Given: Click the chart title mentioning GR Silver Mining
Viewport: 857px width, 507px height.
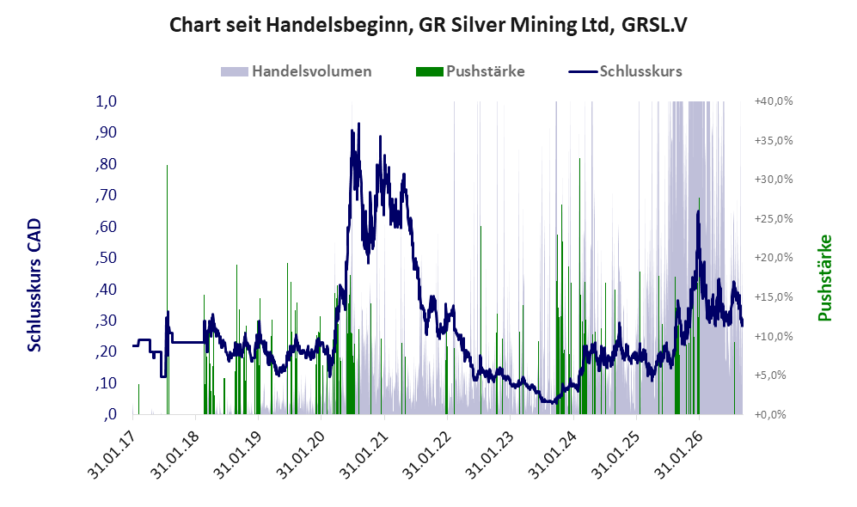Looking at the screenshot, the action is [x=428, y=25].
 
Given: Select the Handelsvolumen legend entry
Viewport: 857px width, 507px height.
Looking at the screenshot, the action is [x=297, y=71].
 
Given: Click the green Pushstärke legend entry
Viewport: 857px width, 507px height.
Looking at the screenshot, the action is [x=470, y=71].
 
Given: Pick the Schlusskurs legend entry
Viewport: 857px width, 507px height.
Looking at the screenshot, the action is [x=625, y=71].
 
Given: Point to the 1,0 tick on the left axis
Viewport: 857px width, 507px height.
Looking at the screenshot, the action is [x=107, y=101].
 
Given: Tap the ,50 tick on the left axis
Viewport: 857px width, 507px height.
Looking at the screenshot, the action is [x=106, y=258].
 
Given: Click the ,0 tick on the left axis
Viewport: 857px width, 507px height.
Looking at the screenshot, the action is [x=109, y=414].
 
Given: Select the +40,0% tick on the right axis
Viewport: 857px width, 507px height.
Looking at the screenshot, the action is [x=774, y=101].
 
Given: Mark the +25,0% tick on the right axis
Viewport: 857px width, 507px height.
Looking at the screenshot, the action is [x=774, y=218].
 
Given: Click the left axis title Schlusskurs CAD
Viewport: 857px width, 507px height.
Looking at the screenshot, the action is [x=34, y=284].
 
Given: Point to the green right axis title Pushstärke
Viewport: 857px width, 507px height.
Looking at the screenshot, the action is [x=824, y=278].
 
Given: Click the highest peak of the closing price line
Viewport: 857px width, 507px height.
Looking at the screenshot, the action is [x=358, y=124].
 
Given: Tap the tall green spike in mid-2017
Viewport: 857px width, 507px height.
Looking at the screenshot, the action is [x=168, y=290].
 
